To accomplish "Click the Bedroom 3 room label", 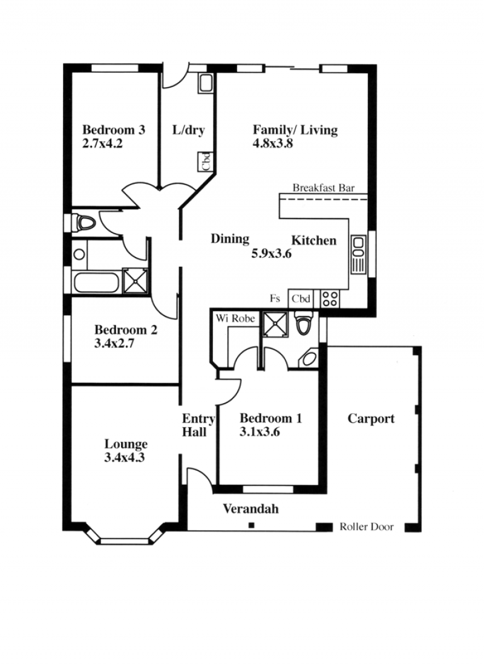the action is (114, 129).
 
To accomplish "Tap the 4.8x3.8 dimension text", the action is (273, 143).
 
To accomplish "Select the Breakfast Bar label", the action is (323, 188).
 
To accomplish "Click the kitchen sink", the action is (358, 255).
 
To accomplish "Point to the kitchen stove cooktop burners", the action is (330, 298).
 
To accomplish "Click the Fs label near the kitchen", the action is (275, 298).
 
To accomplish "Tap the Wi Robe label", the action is (235, 318).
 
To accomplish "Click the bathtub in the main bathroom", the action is (97, 283).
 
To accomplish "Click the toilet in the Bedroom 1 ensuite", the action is (303, 324).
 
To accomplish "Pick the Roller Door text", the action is (367, 527).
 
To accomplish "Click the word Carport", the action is (371, 419).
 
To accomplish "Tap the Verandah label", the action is (250, 508).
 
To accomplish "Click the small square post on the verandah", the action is (252, 525).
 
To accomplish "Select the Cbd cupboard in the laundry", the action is (206, 162).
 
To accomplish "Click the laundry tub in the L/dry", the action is (206, 83).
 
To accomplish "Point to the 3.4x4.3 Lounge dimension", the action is (124, 457).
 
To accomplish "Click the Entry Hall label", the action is (198, 425).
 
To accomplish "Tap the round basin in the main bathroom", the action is (79, 255).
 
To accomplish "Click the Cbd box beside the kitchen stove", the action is (300, 298).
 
